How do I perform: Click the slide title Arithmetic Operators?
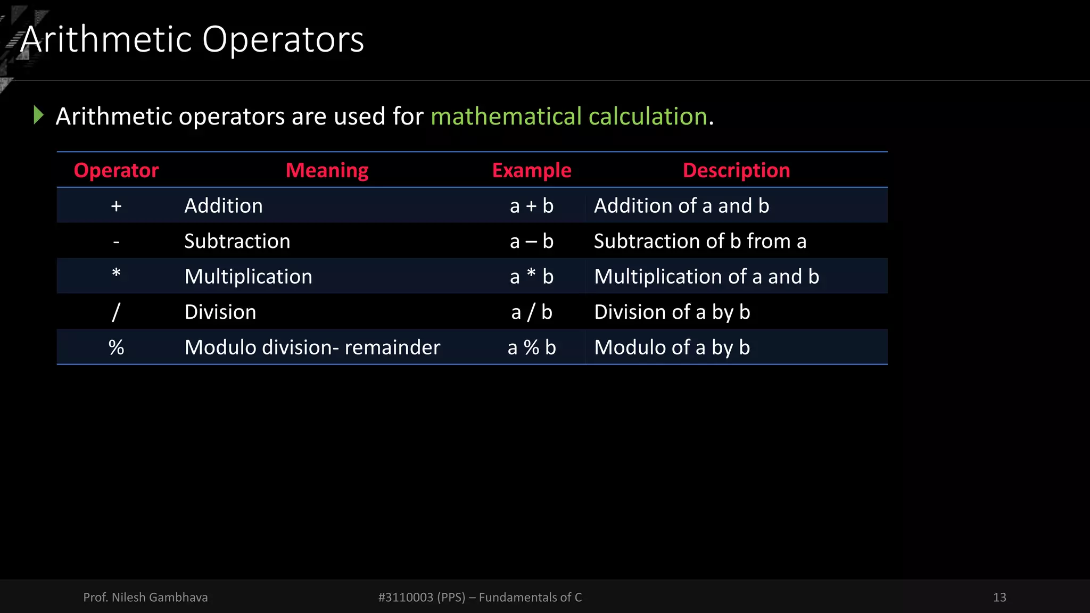click(192, 39)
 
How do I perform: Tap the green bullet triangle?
click(38, 115)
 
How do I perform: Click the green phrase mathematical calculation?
click(569, 116)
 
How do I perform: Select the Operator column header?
click(116, 170)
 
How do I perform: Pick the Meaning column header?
click(327, 170)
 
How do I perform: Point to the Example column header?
click(532, 170)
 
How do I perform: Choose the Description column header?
click(736, 170)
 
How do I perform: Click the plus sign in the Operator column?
click(116, 206)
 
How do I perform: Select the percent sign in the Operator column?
click(116, 347)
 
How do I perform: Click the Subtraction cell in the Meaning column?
click(237, 241)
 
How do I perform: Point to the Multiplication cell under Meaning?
click(248, 277)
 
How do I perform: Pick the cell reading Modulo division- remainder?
click(312, 347)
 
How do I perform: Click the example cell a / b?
click(532, 312)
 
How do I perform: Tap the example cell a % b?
click(532, 347)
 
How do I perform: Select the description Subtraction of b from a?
click(700, 241)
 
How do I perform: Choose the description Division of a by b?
click(672, 312)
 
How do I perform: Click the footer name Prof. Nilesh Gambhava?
click(145, 597)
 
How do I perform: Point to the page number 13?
click(1000, 597)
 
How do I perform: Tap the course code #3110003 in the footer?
click(406, 597)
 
